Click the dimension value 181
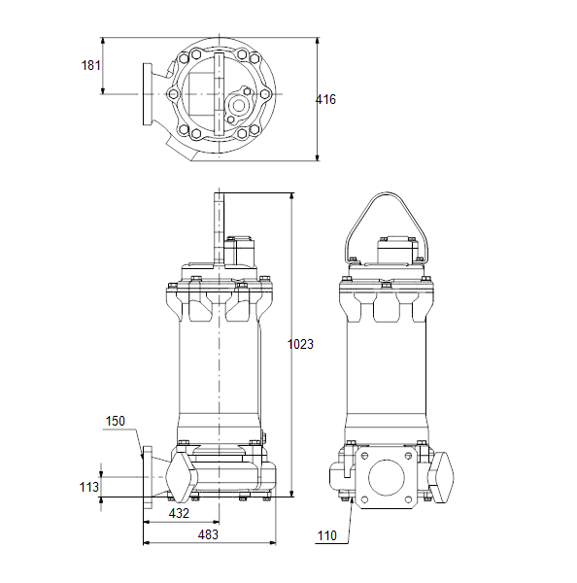coord(90,65)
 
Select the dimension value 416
coord(325,100)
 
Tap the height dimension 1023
coord(300,344)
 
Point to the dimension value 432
coord(179,513)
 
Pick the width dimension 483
coord(208,534)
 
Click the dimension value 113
coord(89,487)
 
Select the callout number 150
coord(116,422)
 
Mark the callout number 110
coord(327,535)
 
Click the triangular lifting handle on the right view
coord(387,193)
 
